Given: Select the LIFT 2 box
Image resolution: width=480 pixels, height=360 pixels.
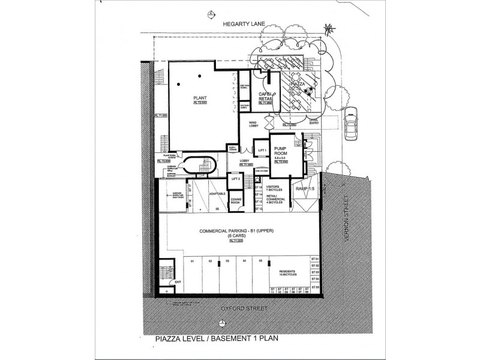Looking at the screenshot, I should (x=236, y=179).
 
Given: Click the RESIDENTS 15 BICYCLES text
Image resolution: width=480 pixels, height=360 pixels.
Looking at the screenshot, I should (x=290, y=274).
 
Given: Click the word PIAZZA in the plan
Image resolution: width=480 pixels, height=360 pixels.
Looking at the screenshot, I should (x=299, y=85).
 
